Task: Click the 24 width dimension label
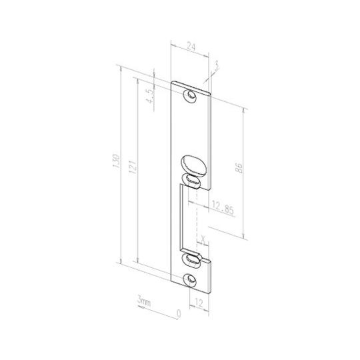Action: pyautogui.click(x=191, y=47)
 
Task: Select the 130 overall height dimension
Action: pyautogui.click(x=117, y=161)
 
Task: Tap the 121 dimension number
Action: pyautogui.click(x=133, y=166)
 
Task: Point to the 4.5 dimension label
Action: pyautogui.click(x=150, y=96)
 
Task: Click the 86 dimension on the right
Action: pyautogui.click(x=239, y=168)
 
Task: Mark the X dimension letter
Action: pyautogui.click(x=203, y=239)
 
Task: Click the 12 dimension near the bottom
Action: pyautogui.click(x=199, y=303)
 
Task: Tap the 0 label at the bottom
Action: pyautogui.click(x=179, y=313)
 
